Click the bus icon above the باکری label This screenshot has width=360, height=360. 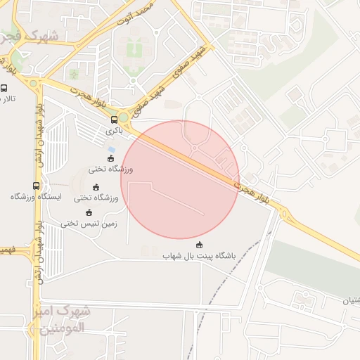pos(115,120)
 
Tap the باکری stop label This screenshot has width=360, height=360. pos(115,131)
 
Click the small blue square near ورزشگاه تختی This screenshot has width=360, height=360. pos(111,149)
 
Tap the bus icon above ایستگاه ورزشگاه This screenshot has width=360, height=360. pos(36,186)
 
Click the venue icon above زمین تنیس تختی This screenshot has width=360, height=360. pos(89,212)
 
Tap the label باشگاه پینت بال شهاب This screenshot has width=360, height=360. pos(173,257)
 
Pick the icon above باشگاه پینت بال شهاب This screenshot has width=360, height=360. pos(200,245)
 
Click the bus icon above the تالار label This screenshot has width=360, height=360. pos(4,89)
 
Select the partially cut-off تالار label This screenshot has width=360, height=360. pos(6,100)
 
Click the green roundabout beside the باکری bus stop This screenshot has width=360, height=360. pos(124,117)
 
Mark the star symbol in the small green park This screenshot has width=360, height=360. pos(75,73)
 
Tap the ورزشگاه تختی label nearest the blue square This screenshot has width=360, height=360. pos(111,169)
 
